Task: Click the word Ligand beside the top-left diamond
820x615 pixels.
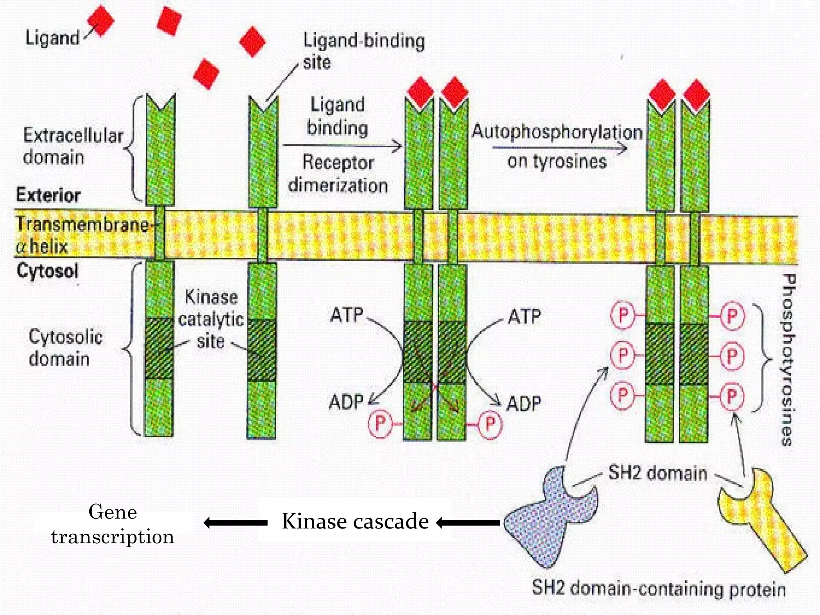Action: (52, 38)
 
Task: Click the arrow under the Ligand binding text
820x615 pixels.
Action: (342, 146)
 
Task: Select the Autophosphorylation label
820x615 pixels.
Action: (557, 132)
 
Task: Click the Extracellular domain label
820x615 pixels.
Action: (72, 146)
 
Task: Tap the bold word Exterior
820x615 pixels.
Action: (48, 195)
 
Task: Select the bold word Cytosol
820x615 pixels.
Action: (47, 271)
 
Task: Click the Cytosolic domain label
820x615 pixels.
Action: (65, 348)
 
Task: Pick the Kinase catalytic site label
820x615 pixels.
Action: (211, 319)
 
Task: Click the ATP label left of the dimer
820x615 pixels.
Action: (346, 315)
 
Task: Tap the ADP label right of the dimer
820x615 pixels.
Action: (524, 404)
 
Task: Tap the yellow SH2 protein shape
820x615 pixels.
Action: (757, 521)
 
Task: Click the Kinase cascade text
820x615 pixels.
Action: (355, 521)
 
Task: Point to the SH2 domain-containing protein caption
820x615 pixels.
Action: (658, 589)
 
